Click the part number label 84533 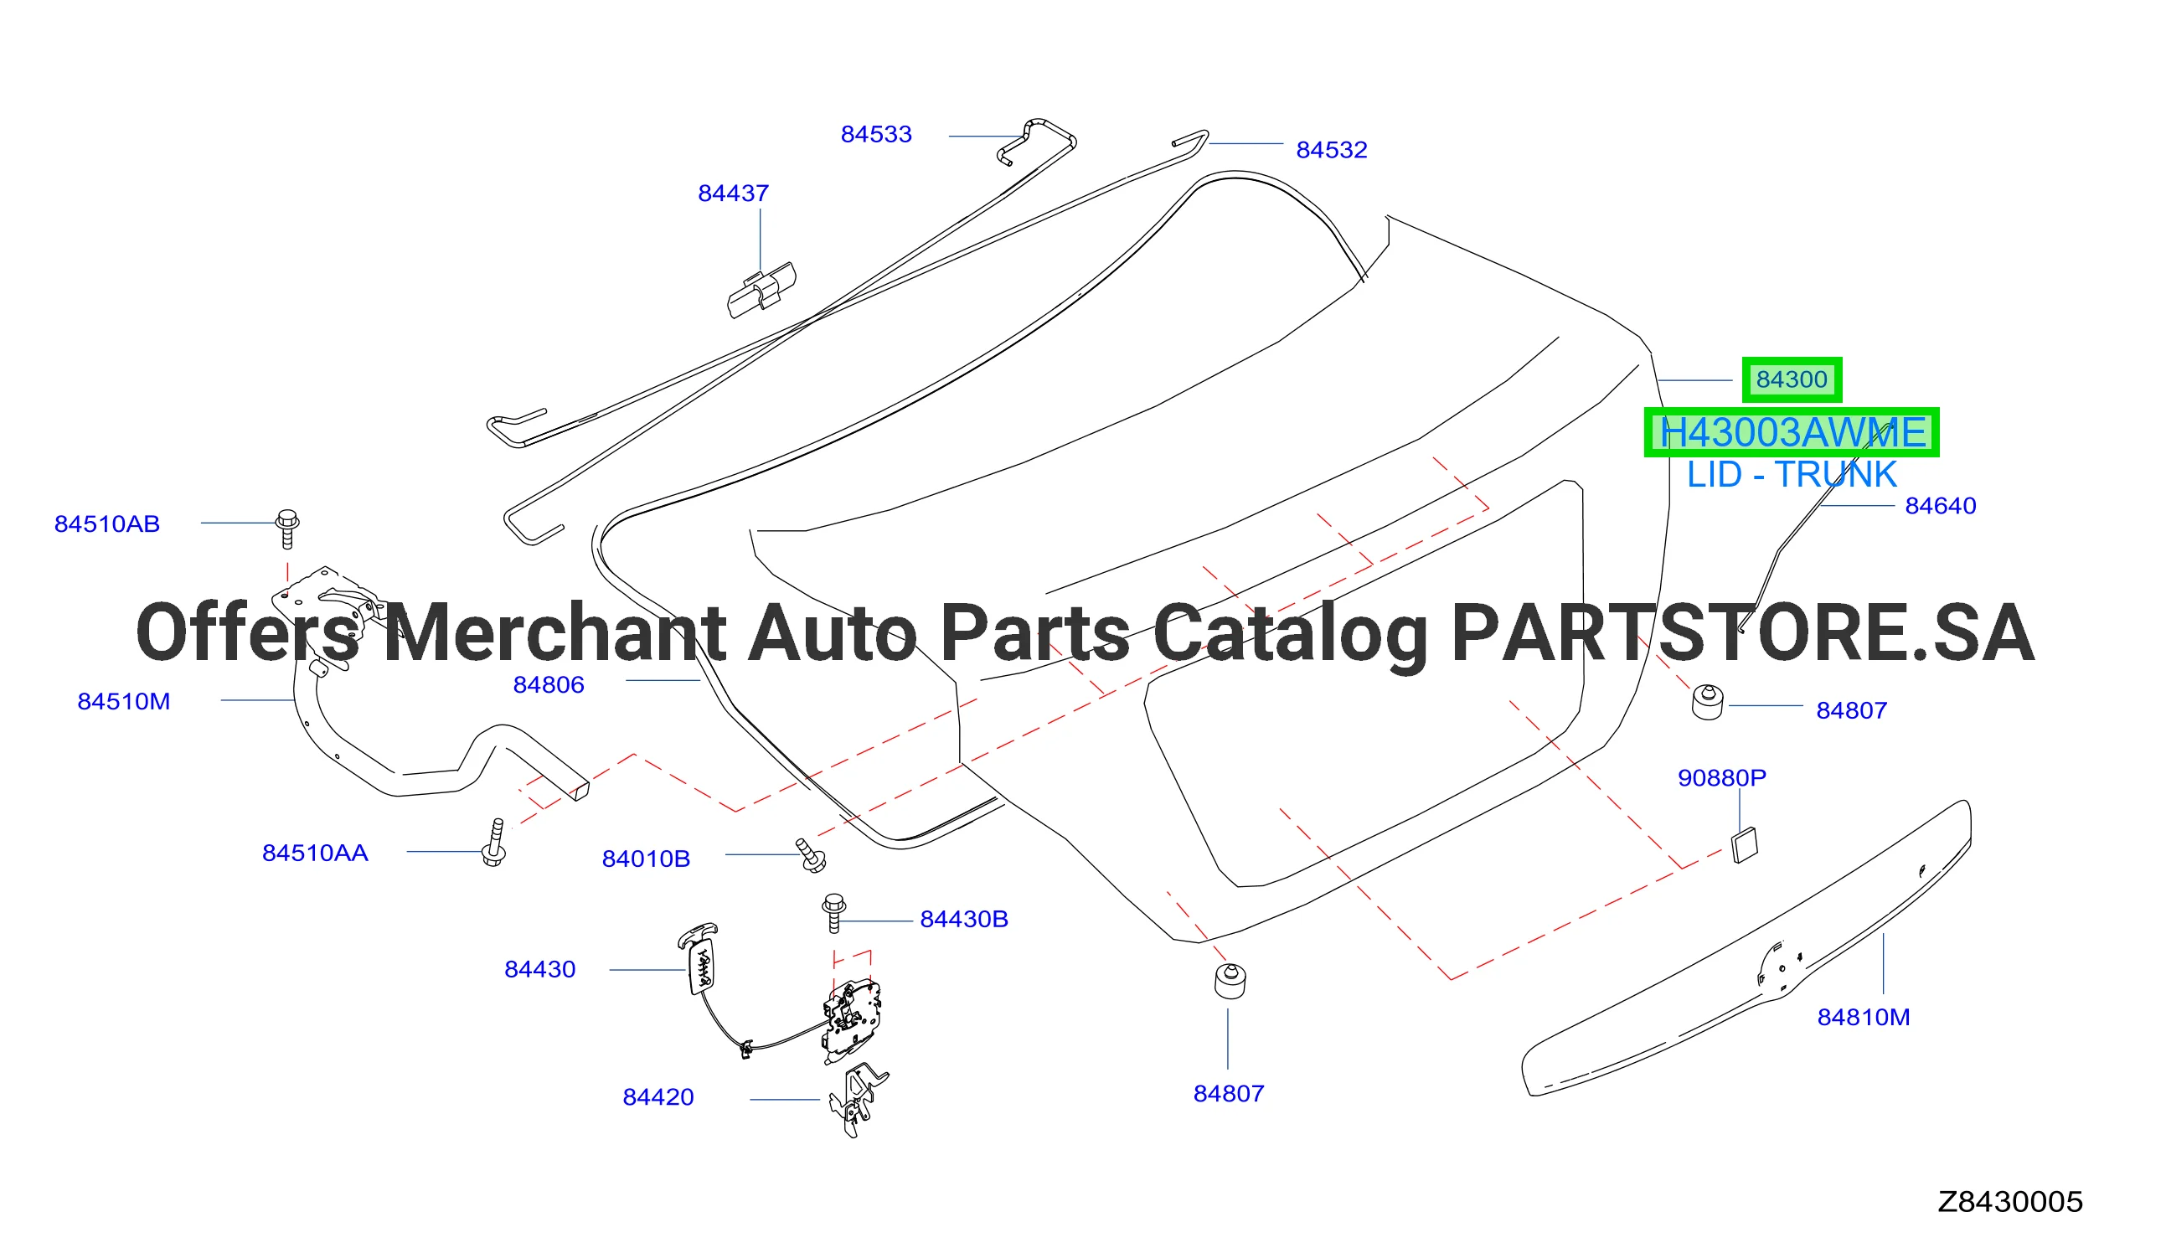[875, 135]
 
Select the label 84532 [1332, 150]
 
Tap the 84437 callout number [733, 193]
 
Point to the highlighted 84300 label [1792, 380]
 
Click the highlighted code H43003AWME [1792, 433]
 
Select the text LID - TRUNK [1792, 475]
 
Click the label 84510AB [106, 524]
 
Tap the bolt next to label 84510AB [287, 529]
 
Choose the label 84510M [124, 702]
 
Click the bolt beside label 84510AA [495, 843]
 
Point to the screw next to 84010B [811, 855]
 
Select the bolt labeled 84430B [833, 914]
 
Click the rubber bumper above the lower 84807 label [1230, 981]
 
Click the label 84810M [1863, 1018]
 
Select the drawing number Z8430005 [2010, 1202]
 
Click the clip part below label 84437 [761, 291]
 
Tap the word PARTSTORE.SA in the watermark [1742, 633]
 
